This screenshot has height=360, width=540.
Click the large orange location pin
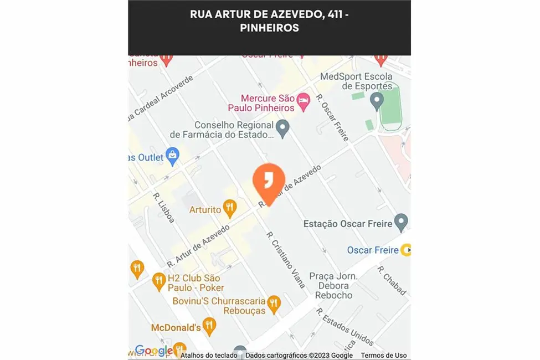click(269, 181)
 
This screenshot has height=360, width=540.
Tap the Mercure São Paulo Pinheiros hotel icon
click(303, 101)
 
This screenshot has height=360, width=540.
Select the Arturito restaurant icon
click(230, 208)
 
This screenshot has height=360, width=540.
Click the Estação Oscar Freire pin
click(402, 223)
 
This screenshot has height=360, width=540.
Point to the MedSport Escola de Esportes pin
click(377, 101)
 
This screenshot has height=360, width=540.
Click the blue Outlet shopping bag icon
click(173, 157)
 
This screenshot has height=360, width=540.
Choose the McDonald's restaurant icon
click(209, 326)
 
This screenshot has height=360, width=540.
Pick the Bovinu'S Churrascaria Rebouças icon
click(273, 303)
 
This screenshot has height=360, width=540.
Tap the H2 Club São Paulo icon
click(159, 281)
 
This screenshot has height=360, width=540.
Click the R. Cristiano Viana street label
click(286, 259)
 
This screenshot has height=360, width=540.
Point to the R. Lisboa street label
click(164, 208)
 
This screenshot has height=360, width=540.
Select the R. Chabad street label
click(392, 280)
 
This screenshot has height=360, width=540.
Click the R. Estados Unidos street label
click(344, 327)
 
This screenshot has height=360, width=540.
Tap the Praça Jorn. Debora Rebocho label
click(333, 285)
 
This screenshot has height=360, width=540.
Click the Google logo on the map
click(154, 351)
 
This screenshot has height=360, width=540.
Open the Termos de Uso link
click(384, 356)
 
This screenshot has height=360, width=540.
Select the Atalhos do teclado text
click(209, 356)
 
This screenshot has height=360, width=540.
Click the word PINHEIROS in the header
click(269, 28)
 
